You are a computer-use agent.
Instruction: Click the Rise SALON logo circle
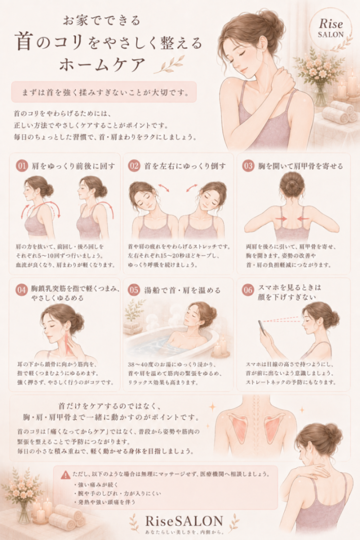click(330, 28)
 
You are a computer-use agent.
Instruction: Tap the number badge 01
click(21, 166)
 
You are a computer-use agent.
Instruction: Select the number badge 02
click(134, 166)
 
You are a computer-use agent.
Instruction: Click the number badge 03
click(248, 166)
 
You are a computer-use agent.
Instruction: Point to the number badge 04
click(21, 290)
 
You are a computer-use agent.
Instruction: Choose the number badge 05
click(134, 290)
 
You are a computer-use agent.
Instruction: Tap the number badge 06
click(248, 290)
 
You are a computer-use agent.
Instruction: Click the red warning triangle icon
click(66, 475)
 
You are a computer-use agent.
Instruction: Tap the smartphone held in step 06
click(262, 328)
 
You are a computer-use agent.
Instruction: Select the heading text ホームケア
click(102, 64)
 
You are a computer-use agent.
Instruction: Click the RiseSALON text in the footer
click(184, 521)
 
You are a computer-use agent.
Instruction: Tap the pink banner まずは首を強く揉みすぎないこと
click(104, 92)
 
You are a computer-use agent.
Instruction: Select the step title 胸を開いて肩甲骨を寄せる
click(300, 166)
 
